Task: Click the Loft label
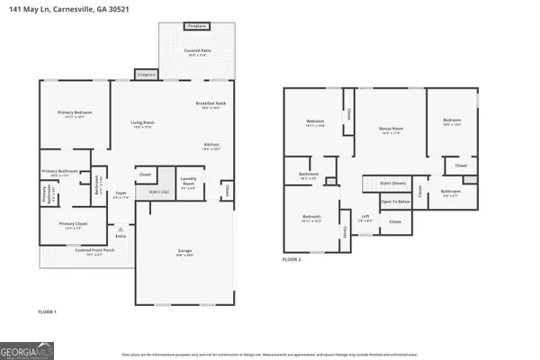pyautogui.click(x=365, y=216)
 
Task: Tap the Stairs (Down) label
pyautogui.click(x=393, y=183)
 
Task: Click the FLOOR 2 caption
pyautogui.click(x=292, y=258)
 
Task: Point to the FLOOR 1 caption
pyautogui.click(x=47, y=310)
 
